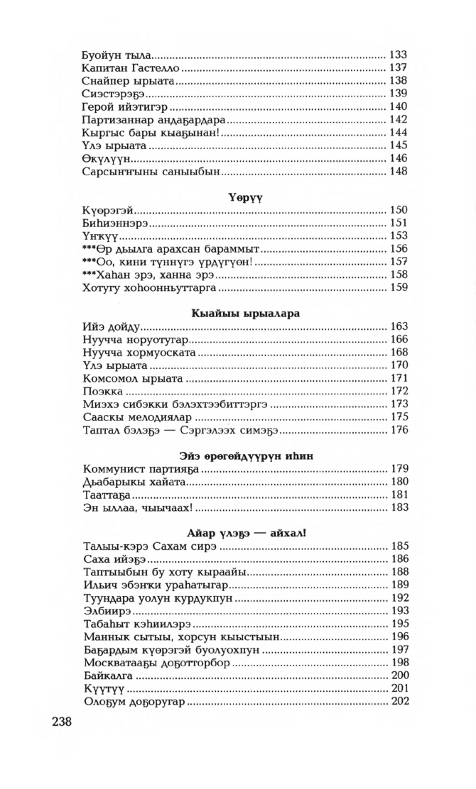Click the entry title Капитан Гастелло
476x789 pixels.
[130, 68]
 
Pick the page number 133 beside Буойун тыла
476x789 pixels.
[398, 55]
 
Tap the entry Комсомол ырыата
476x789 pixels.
[127, 378]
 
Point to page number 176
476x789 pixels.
[398, 430]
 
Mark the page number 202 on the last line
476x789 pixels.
[398, 702]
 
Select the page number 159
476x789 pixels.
[398, 289]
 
